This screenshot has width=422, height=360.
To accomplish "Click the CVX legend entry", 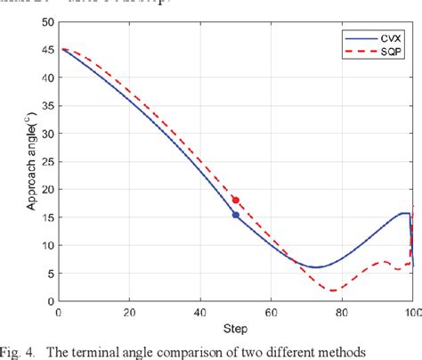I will tap(378, 38).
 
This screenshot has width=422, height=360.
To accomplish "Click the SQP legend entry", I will tap(378, 53).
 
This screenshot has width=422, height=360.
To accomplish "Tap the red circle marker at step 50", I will tap(235, 200).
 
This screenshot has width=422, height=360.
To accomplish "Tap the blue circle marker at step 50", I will tap(235, 215).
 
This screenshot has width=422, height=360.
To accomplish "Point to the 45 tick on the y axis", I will tap(45, 50).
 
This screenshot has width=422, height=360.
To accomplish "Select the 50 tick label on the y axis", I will tap(45, 22).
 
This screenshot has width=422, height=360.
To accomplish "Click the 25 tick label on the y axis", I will tap(45, 161).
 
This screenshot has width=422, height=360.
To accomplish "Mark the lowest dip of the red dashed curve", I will tap(333, 290).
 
